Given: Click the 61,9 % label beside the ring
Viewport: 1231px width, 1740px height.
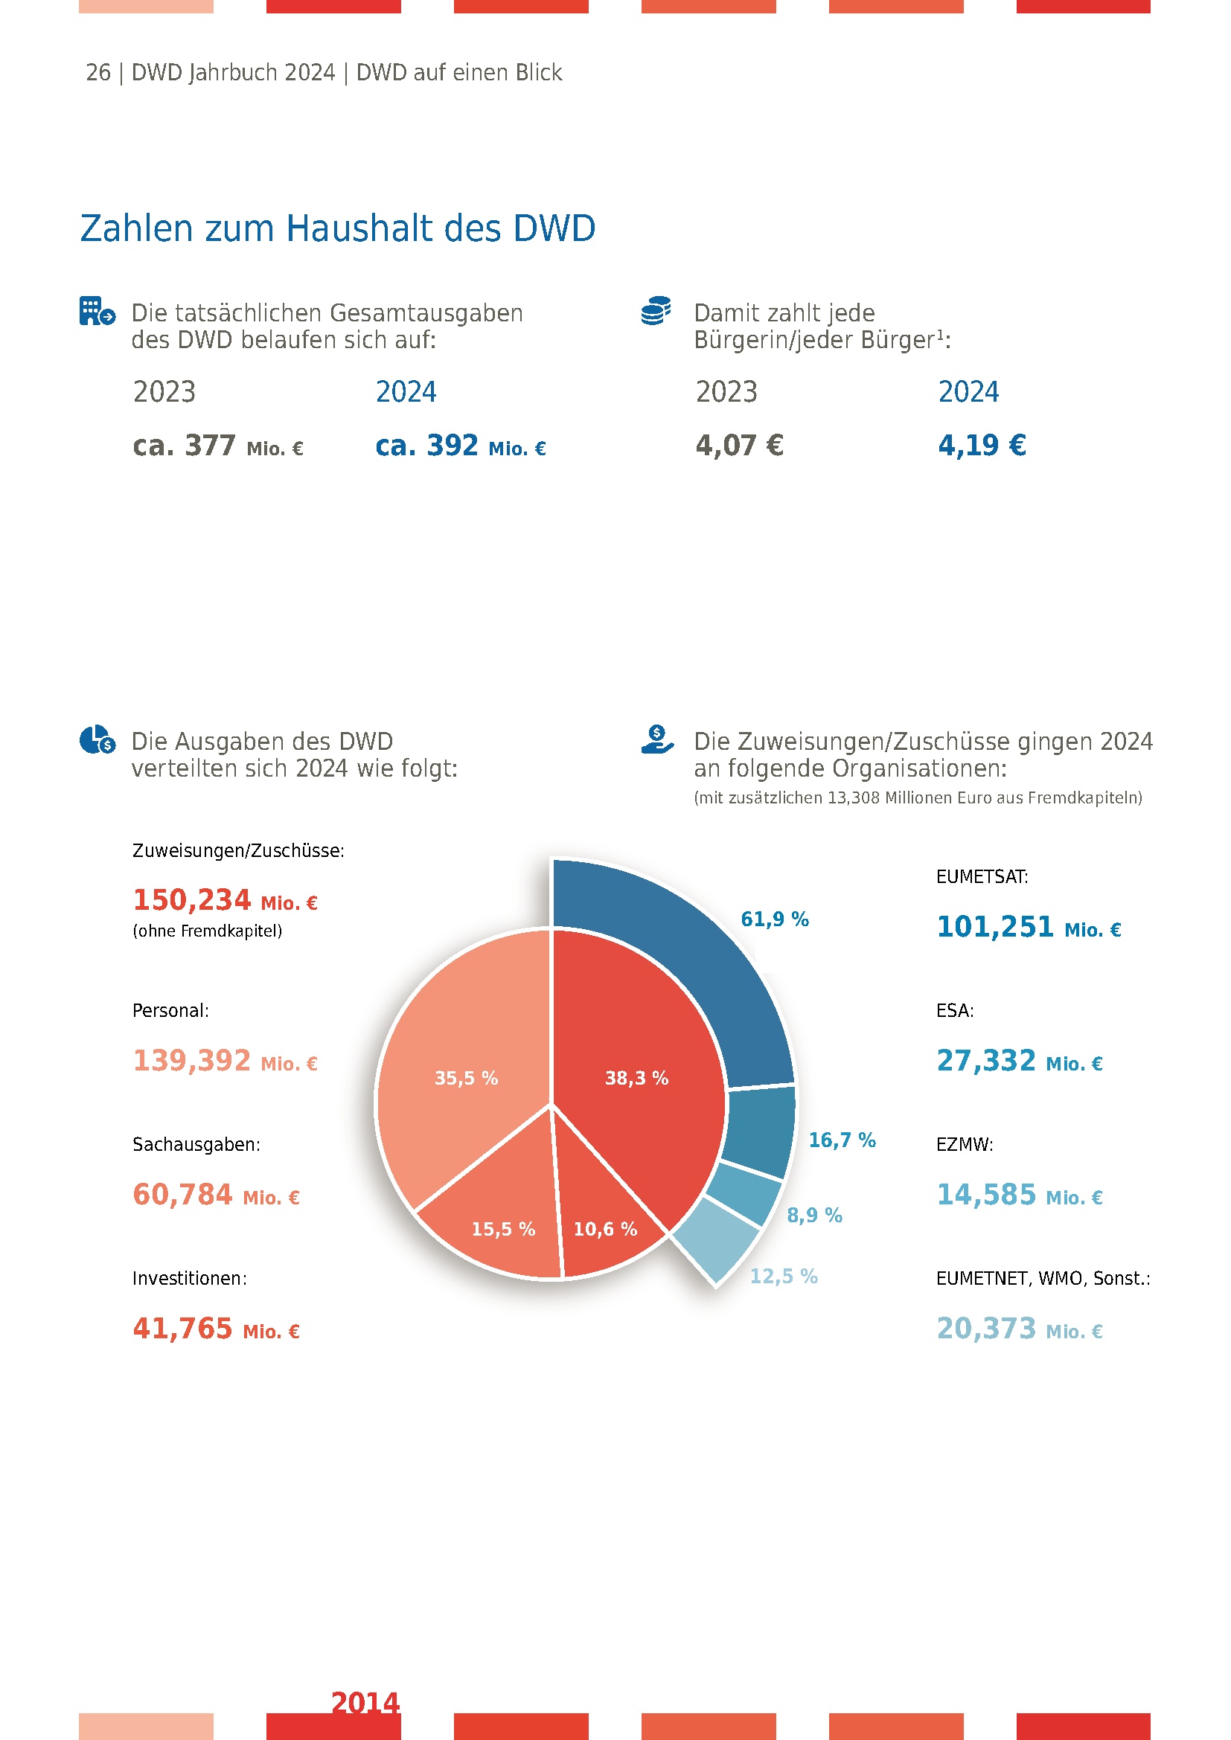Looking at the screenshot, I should click(x=774, y=919).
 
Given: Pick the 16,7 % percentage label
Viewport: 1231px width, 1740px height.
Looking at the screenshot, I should click(x=842, y=1140).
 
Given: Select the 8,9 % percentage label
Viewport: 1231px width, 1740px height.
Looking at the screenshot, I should click(x=814, y=1215).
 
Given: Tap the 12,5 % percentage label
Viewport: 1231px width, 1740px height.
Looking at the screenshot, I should click(x=783, y=1277).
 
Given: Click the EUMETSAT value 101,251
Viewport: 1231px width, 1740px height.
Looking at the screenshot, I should click(x=994, y=927).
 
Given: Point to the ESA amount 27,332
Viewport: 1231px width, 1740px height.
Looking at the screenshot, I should click(x=985, y=1061).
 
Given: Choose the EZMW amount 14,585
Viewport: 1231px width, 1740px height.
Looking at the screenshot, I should click(x=985, y=1195).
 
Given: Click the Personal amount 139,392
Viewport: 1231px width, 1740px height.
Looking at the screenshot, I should click(x=191, y=1061).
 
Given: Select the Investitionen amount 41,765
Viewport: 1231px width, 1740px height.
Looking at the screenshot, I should click(x=182, y=1329).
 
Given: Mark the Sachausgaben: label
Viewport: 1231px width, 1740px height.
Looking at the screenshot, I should click(x=196, y=1144).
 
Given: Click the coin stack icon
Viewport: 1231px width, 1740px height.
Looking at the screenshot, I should click(x=656, y=311).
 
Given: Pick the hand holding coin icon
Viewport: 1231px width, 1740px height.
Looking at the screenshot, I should click(x=656, y=739).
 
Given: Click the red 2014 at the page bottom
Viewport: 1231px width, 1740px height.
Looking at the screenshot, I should click(x=365, y=1703).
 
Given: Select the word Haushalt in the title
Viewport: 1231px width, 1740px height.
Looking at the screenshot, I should click(x=393, y=228).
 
